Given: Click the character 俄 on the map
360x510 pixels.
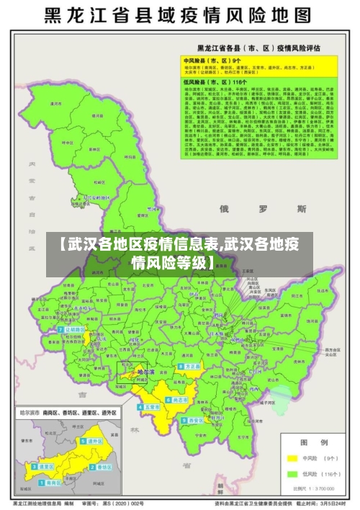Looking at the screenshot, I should click(x=224, y=209).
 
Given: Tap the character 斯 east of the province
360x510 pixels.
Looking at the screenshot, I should click(x=301, y=209).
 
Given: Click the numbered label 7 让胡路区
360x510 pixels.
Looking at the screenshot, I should click(x=73, y=330).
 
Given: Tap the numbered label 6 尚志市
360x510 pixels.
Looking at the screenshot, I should click(x=178, y=399).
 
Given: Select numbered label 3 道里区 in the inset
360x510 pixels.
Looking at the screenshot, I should click(x=45, y=467).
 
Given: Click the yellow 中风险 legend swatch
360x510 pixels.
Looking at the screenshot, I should click(x=293, y=458).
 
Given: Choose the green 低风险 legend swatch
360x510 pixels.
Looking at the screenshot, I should click(x=293, y=474).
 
